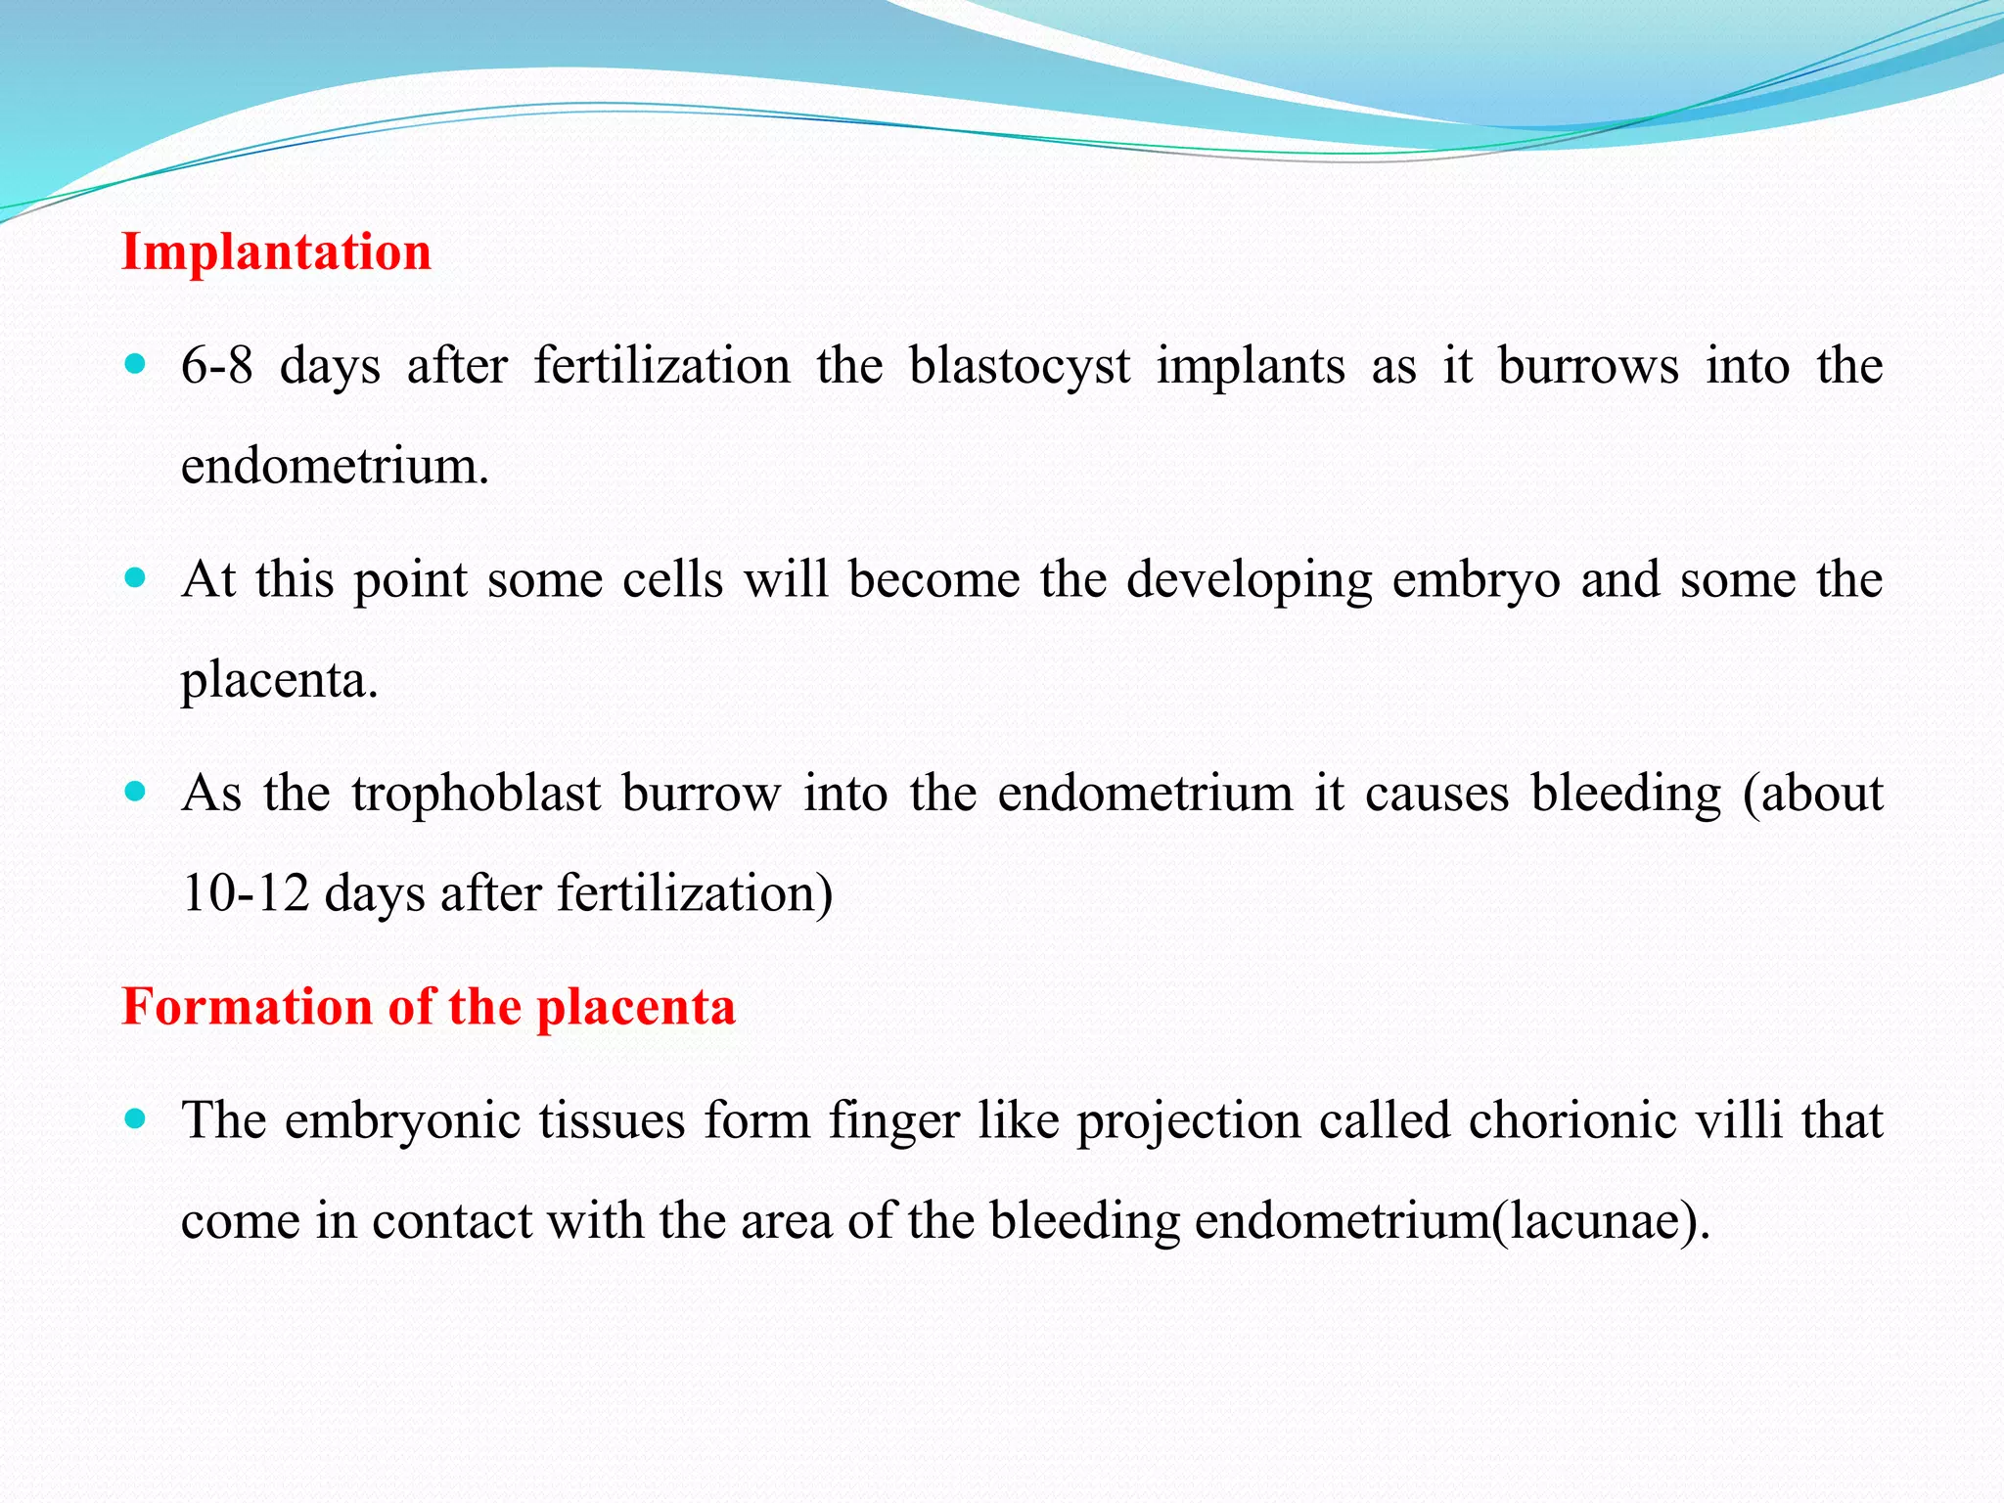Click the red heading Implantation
pos(276,252)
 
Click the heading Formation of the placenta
pos(429,1007)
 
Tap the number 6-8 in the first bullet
pos(216,366)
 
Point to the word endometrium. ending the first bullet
pos(335,466)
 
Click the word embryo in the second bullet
pos(1476,580)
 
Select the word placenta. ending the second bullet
pos(280,680)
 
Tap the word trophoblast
pos(476,793)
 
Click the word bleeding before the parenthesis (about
pos(1625,795)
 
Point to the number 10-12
pos(246,893)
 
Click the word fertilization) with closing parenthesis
pos(695,893)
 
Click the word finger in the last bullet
pos(894,1122)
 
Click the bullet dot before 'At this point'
pos(136,577)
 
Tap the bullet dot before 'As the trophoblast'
pos(136,791)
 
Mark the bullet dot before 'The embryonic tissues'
pos(136,1118)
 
